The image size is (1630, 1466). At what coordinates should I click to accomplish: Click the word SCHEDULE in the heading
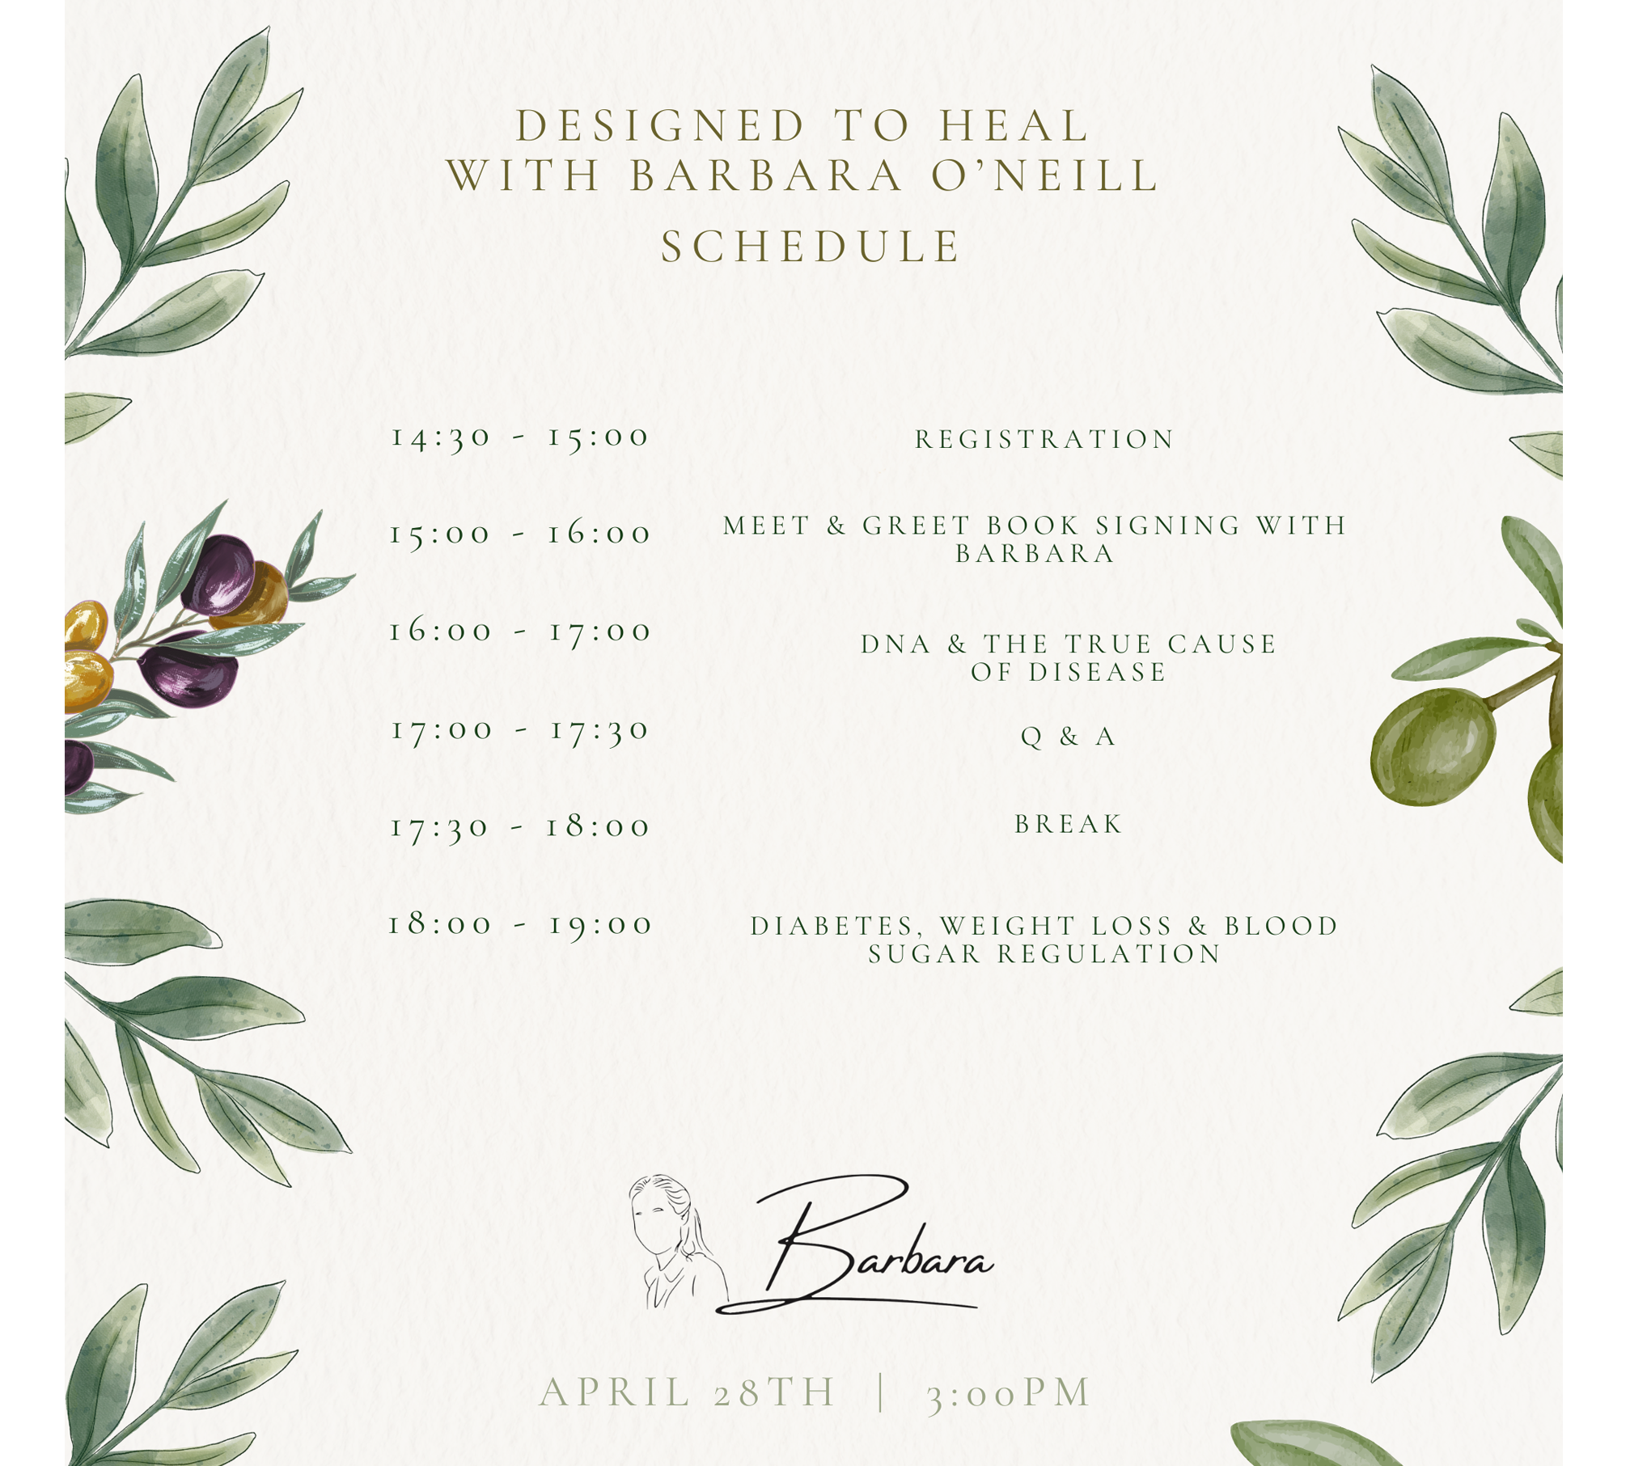[811, 247]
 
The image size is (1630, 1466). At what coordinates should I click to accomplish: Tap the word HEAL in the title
[1014, 126]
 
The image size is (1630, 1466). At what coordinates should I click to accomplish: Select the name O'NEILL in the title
[1045, 176]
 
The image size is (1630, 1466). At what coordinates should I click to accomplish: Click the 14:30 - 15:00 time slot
[520, 437]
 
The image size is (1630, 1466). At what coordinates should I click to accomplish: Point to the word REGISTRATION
[1044, 439]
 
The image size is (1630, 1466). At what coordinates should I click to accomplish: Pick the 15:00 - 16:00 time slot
[520, 534]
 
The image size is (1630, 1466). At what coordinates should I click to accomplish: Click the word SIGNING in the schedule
[1167, 526]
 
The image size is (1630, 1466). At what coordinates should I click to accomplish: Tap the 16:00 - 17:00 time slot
[520, 632]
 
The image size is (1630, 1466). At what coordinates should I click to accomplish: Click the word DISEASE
[1096, 672]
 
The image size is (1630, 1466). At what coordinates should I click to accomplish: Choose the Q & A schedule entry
[1069, 737]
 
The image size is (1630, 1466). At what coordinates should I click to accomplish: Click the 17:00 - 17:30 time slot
[520, 730]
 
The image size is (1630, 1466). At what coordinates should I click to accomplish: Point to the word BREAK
[1069, 824]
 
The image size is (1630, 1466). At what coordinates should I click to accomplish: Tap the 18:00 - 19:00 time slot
[520, 924]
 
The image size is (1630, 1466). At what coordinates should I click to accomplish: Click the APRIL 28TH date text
[688, 1392]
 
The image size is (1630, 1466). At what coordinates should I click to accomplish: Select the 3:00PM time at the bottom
[1009, 1392]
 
